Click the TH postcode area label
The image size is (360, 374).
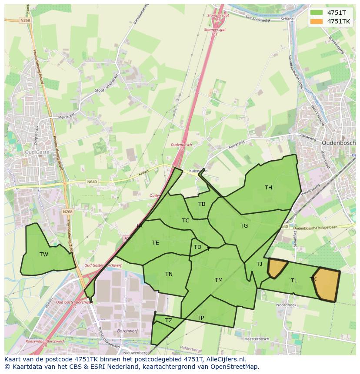click(268, 188)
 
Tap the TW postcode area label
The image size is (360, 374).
click(44, 255)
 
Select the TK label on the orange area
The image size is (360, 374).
click(313, 279)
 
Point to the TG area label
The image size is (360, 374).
click(244, 226)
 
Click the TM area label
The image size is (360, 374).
click(218, 280)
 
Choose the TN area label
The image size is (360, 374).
click(169, 274)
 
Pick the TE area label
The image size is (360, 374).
click(155, 243)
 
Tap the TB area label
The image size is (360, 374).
click(202, 204)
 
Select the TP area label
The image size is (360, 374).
click(200, 318)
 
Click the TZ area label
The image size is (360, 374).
click(169, 321)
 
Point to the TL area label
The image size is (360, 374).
click(294, 281)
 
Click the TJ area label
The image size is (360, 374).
click(259, 264)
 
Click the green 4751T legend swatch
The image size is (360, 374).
click(317, 13)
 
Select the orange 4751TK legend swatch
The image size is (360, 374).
click(317, 21)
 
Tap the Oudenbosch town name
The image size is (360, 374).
click(338, 143)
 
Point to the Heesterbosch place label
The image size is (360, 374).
click(257, 339)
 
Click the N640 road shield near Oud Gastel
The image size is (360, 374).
click(92, 182)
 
